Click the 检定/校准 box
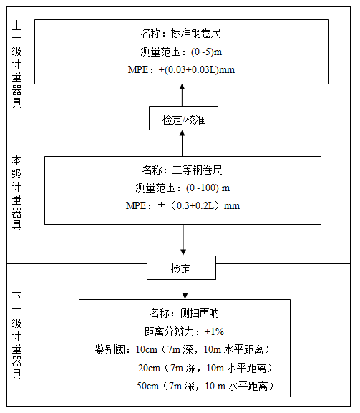click(x=183, y=118)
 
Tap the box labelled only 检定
click(x=181, y=268)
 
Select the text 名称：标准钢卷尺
click(x=180, y=34)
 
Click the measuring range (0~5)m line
click(x=181, y=52)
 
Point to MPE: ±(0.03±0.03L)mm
click(x=181, y=70)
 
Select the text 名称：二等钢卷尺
click(x=182, y=170)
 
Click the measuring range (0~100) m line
click(x=183, y=188)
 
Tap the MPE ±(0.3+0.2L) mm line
click(x=183, y=205)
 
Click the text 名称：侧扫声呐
click(x=184, y=314)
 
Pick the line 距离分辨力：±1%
click(x=184, y=331)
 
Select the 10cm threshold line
click(x=183, y=350)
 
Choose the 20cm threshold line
click(x=205, y=368)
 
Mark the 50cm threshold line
click(x=205, y=386)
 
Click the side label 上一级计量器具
click(x=17, y=64)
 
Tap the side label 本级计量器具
click(x=17, y=193)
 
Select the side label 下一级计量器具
click(x=17, y=335)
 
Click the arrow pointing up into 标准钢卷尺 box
click(x=182, y=95)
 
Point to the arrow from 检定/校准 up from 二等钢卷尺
click(x=182, y=143)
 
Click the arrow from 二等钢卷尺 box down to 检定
click(x=183, y=240)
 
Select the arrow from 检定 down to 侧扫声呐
click(x=185, y=289)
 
